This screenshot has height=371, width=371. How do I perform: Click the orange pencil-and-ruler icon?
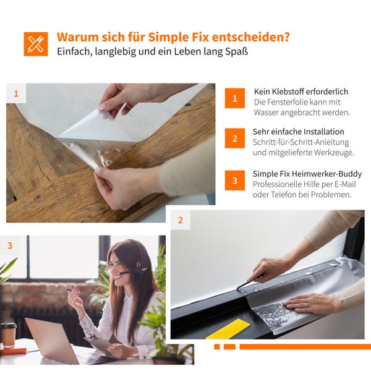36,44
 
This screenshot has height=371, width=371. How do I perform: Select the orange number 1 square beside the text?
235,98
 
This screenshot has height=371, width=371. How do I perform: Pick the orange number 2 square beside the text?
235,138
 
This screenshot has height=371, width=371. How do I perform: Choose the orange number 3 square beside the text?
235,181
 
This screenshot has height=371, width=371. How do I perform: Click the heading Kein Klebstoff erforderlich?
301,92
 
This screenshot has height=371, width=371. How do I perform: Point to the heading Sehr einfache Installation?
299,132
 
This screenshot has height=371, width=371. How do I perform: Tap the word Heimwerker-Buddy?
326,174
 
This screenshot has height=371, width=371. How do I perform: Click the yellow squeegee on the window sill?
228,329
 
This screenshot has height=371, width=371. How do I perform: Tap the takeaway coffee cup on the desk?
8,335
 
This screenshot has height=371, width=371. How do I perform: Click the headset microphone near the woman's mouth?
125,273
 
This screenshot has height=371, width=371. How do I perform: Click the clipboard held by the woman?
100,344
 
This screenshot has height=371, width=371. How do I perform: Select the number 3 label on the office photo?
10,245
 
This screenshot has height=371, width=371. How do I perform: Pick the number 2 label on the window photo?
181,220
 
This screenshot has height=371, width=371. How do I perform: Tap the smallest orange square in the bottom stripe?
217,347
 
